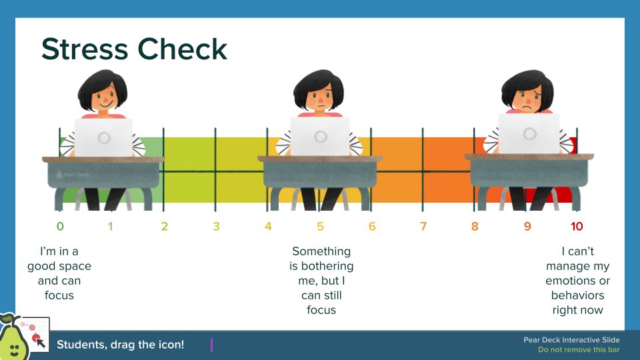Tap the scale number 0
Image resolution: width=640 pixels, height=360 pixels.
[60, 227]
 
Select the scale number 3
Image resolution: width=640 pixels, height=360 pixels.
[216, 227]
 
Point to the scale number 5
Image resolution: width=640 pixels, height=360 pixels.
[320, 227]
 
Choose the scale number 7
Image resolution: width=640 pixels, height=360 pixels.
[423, 227]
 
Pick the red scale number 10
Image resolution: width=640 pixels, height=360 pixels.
[577, 227]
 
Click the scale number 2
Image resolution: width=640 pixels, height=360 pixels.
[164, 227]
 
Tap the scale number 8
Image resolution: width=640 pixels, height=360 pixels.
[475, 227]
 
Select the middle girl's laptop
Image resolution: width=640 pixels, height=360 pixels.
[320, 137]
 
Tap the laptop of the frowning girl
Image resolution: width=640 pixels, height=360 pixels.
[529, 133]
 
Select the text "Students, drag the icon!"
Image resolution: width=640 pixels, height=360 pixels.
[120, 345]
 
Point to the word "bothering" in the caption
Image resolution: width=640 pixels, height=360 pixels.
[321, 266]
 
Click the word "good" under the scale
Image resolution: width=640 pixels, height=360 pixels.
[42, 266]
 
